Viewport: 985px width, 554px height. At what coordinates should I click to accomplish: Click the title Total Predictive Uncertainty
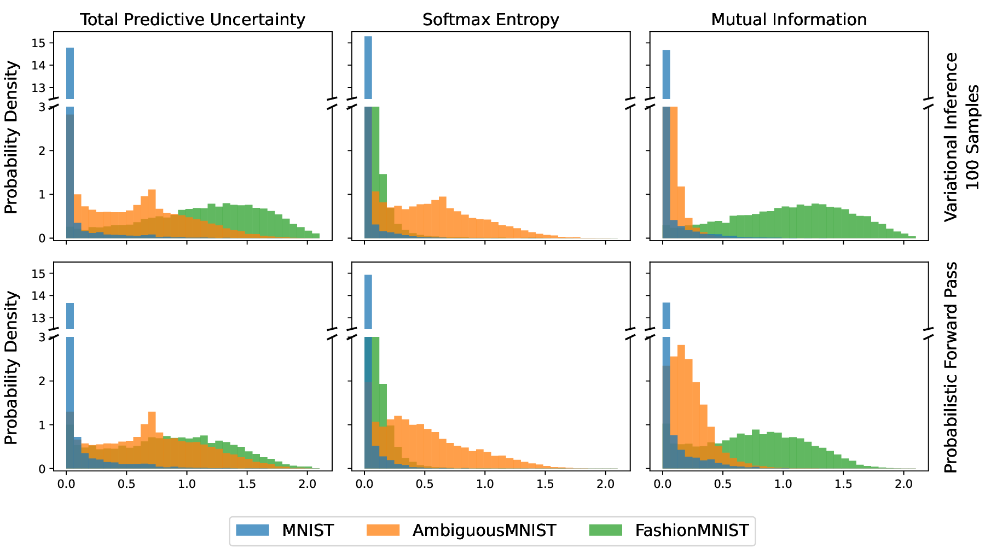point(193,20)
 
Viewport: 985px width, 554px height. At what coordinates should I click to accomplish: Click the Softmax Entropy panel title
point(491,20)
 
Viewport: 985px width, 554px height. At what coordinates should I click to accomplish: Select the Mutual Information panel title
point(789,20)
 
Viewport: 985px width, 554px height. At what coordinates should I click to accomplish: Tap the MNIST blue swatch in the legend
point(252,530)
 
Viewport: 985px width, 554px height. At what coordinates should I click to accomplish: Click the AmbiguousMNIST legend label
point(484,530)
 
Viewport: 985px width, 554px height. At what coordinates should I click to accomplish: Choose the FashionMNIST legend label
point(692,530)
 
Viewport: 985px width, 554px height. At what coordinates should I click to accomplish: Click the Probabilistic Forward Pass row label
point(951,368)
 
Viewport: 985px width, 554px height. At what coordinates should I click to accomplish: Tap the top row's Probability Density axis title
point(11,137)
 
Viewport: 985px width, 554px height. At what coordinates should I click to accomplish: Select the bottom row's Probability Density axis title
point(11,368)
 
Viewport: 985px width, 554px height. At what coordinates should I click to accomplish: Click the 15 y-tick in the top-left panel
point(43,43)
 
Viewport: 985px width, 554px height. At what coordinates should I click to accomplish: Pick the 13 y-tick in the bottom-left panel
point(43,318)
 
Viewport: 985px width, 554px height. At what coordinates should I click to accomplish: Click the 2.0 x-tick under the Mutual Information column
point(903,483)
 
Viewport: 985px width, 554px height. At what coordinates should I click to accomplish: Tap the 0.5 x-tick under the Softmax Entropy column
point(425,483)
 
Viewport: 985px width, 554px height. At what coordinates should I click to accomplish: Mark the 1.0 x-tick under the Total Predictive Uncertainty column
point(187,483)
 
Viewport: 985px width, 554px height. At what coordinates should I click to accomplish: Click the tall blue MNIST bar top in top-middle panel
point(368,37)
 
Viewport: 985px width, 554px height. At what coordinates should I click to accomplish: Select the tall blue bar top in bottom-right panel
point(666,304)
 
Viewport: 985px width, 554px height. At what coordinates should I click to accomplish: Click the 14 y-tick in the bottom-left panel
point(43,296)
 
